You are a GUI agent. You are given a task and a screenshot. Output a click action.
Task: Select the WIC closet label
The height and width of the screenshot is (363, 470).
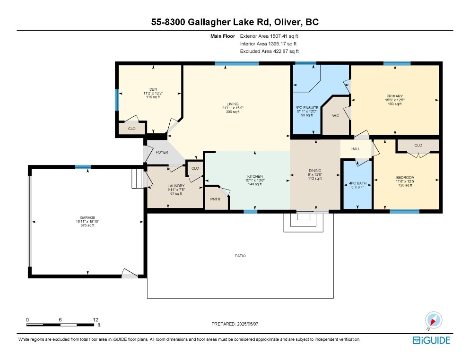pyautogui.click(x=336, y=115)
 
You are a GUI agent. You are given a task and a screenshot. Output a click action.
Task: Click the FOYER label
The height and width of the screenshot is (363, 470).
pyautogui.click(x=162, y=152)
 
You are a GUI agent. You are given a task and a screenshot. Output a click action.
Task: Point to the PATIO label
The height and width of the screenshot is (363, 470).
pyautogui.click(x=240, y=256)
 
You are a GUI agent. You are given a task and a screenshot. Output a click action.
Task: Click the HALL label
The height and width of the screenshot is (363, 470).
pyautogui.click(x=356, y=149)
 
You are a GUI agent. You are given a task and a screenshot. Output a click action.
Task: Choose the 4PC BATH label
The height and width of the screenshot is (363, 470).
pyautogui.click(x=357, y=183)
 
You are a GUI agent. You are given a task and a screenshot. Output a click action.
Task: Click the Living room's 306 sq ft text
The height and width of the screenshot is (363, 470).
pyautogui.click(x=232, y=112)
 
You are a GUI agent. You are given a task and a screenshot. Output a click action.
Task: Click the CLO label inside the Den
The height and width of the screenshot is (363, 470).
pyautogui.click(x=131, y=129)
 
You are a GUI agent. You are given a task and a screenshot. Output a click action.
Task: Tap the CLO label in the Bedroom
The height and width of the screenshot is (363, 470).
pyautogui.click(x=418, y=145)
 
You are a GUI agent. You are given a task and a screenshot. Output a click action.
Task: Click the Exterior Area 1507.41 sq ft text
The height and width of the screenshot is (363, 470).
pyautogui.click(x=269, y=35)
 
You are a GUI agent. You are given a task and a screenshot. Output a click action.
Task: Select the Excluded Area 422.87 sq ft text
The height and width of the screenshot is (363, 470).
pyautogui.click(x=269, y=52)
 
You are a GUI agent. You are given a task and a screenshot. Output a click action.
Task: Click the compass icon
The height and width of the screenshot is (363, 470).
pyautogui.click(x=433, y=320)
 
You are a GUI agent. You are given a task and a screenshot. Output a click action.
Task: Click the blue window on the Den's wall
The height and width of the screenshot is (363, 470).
pyautogui.click(x=117, y=99)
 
